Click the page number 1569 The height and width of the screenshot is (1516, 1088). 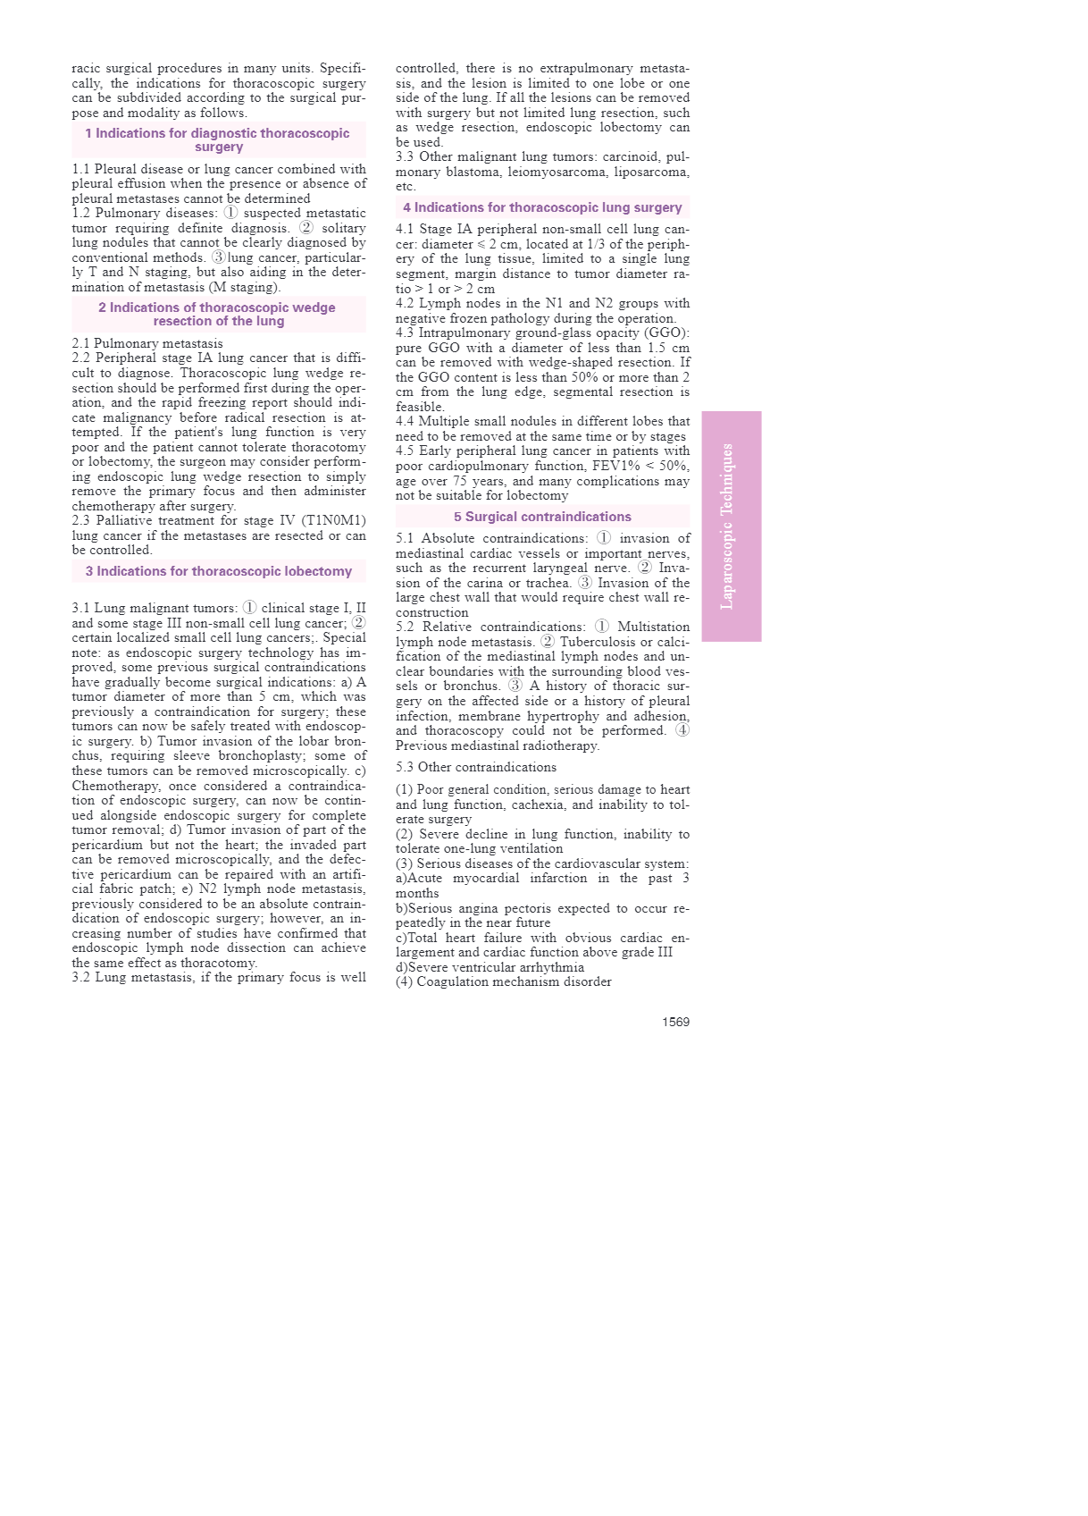click(675, 1022)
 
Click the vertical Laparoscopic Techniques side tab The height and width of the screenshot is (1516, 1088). click(731, 526)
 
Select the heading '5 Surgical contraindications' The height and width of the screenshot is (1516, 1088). click(542, 517)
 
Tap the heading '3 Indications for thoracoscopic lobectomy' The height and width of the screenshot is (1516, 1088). click(219, 571)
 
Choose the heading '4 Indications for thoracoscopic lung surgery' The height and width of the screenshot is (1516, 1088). click(542, 207)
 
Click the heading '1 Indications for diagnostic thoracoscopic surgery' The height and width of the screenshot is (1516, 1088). click(218, 139)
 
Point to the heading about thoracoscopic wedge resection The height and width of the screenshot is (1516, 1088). click(218, 314)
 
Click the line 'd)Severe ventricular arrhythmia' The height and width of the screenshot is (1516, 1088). click(490, 967)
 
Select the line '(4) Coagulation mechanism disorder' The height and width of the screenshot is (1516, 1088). click(504, 981)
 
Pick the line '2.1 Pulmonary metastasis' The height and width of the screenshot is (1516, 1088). click(147, 343)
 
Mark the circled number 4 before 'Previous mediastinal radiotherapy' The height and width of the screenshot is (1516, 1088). click(682, 730)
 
